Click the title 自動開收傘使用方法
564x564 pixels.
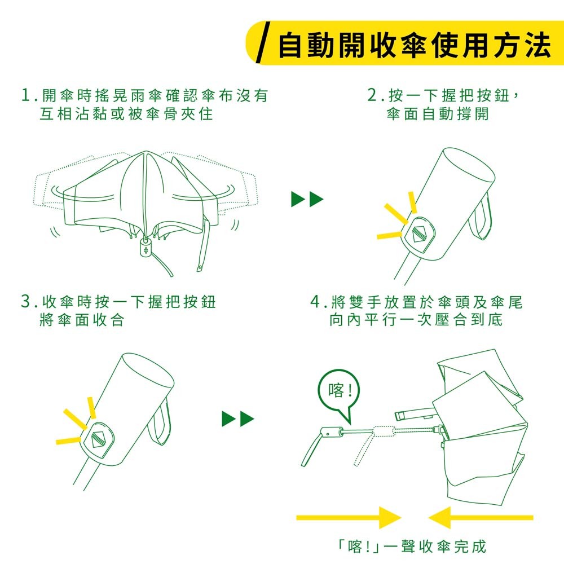tap(415, 45)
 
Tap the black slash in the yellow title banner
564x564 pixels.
tap(263, 42)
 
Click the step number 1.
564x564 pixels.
tap(25, 95)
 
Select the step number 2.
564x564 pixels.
tap(372, 95)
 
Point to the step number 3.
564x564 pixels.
tap(26, 301)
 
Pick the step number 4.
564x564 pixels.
tap(315, 301)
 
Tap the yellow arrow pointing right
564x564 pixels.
tap(349, 518)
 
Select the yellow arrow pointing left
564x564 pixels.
tap(481, 518)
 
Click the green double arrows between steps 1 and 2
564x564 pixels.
tap(307, 199)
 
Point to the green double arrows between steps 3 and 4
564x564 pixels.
tap(238, 418)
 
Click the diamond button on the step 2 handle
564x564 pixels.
tap(418, 233)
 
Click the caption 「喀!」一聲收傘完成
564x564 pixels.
tap(412, 547)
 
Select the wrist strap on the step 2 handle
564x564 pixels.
tap(482, 217)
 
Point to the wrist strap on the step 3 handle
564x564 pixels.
tap(161, 421)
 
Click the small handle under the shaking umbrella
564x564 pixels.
tap(146, 248)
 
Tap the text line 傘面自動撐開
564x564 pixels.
tap(438, 114)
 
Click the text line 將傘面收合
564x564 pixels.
tap(82, 319)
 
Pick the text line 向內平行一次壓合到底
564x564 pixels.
tap(416, 319)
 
